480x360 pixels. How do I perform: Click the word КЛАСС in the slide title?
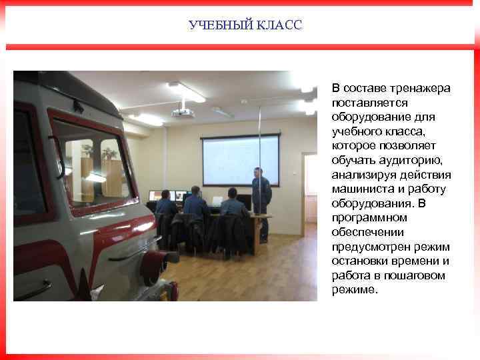(278, 25)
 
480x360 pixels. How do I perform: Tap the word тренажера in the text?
(420, 89)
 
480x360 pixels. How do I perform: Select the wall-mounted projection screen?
(240, 160)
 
